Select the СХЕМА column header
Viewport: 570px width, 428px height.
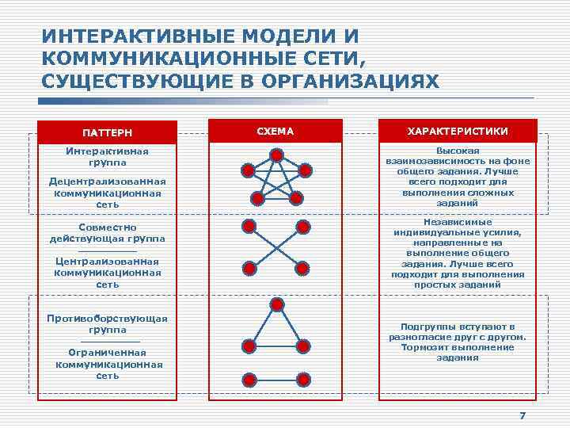[x=275, y=130]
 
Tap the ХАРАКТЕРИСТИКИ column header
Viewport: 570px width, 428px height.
[x=458, y=131]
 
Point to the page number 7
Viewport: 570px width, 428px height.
[x=522, y=417]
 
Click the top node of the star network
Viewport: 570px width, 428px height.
[x=275, y=155]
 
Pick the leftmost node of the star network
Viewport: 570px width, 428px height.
[x=247, y=171]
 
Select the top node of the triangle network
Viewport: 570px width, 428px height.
[x=276, y=304]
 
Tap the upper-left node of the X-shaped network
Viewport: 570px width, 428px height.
[x=249, y=227]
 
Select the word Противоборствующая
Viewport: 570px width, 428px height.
[x=107, y=318]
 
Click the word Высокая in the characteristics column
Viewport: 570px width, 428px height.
[x=458, y=151]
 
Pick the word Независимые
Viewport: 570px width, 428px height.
[x=458, y=224]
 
